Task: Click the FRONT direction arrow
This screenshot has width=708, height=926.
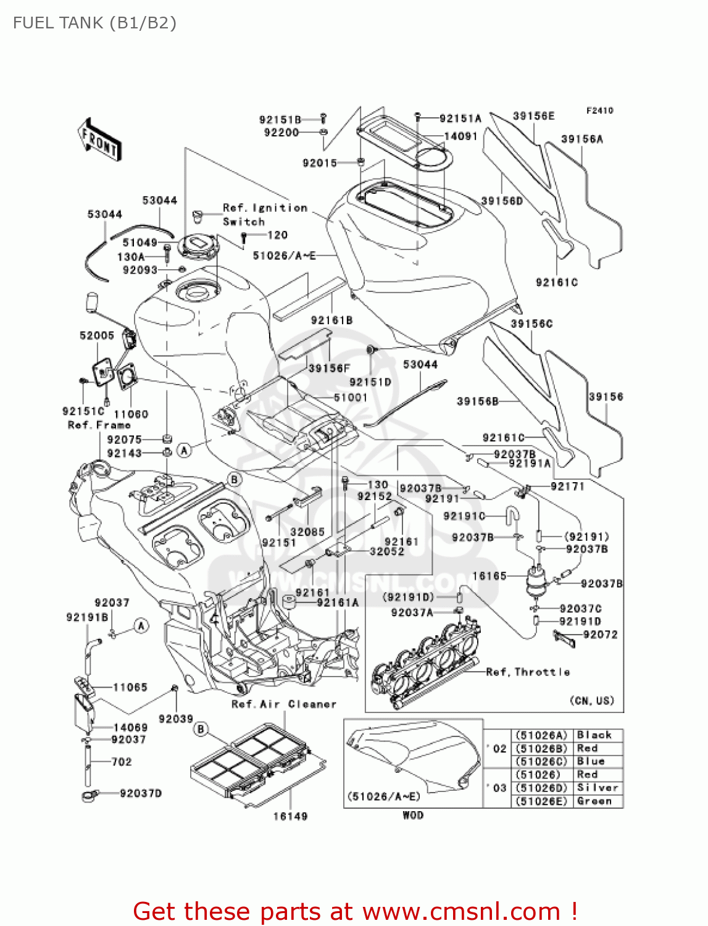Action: click(99, 140)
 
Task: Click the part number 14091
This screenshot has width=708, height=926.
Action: click(460, 136)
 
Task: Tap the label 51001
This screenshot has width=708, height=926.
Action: click(350, 398)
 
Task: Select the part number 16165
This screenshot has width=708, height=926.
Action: click(489, 576)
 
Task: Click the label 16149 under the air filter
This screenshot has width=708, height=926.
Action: click(290, 816)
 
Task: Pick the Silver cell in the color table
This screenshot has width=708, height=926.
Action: click(597, 788)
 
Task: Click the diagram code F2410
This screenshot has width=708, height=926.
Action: click(599, 111)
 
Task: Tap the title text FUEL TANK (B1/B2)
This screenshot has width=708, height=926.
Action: click(94, 23)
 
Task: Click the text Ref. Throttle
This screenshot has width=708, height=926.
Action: click(528, 672)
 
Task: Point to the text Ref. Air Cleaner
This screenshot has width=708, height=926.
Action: click(284, 704)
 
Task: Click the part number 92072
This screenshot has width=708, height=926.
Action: click(600, 634)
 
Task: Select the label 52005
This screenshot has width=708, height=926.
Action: click(97, 335)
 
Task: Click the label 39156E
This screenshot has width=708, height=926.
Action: click(533, 116)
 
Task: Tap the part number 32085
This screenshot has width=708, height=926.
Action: click(307, 532)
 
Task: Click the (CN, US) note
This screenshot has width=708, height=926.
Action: click(591, 700)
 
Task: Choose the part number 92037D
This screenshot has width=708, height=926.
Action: click(141, 793)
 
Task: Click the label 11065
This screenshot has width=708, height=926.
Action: click(130, 687)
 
